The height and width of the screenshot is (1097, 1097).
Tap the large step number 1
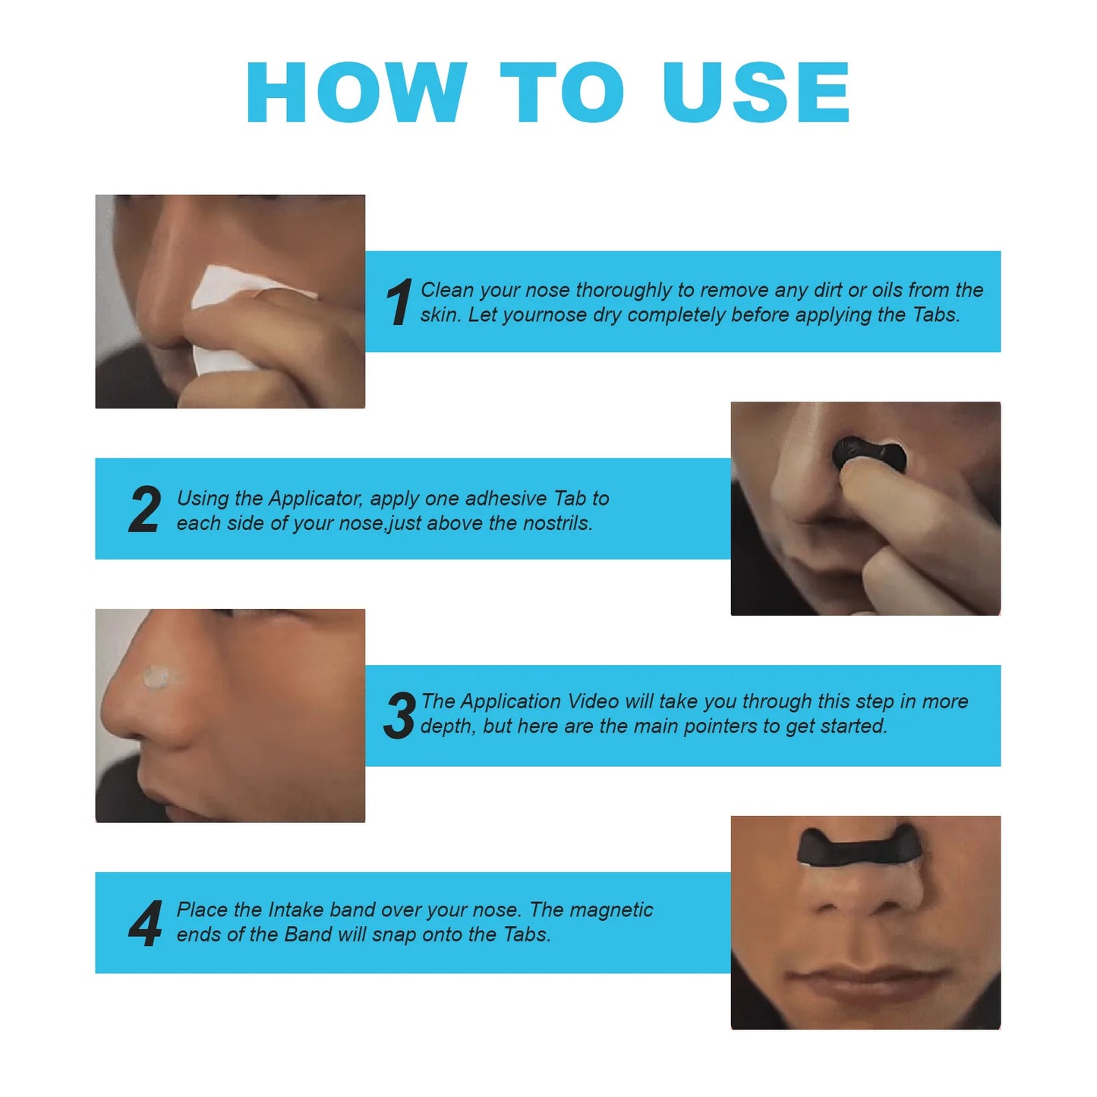[x=399, y=302]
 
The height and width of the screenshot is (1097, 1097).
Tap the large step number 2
[x=144, y=509]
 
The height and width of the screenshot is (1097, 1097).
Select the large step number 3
[x=399, y=716]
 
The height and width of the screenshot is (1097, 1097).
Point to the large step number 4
[x=145, y=923]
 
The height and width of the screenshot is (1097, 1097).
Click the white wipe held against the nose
[x=228, y=319]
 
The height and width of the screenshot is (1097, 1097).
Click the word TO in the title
[x=562, y=93]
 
